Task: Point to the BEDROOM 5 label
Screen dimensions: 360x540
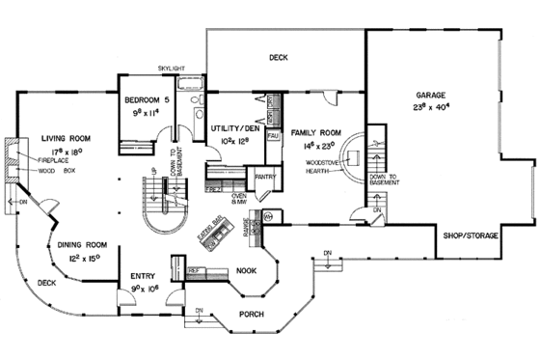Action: point(148,99)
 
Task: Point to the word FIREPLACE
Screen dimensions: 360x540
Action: point(54,159)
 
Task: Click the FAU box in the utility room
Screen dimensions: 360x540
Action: point(273,137)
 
